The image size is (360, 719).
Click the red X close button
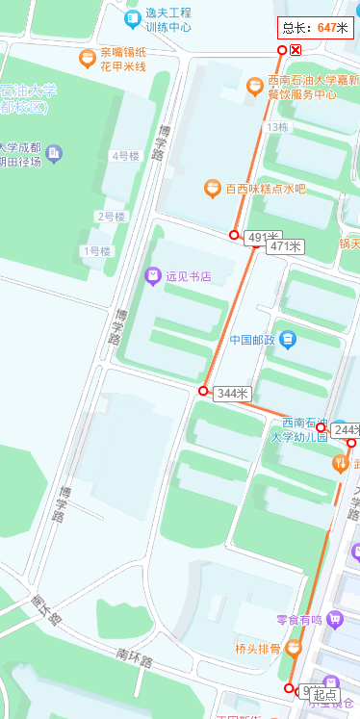(x=296, y=50)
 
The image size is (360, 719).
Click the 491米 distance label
(x=262, y=237)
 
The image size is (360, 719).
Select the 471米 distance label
(x=286, y=246)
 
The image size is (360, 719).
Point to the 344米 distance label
(x=232, y=394)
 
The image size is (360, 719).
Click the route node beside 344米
(x=203, y=391)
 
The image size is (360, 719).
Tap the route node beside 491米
(x=234, y=235)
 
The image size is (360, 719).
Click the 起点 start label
(x=324, y=694)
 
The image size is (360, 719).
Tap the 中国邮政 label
(x=253, y=340)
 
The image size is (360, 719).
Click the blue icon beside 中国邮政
(x=289, y=340)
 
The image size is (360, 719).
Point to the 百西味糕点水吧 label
(x=266, y=189)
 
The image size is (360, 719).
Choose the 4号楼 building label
(x=126, y=156)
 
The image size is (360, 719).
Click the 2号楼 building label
(x=111, y=217)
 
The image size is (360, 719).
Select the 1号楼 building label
(x=97, y=251)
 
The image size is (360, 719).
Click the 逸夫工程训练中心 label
(x=168, y=20)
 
